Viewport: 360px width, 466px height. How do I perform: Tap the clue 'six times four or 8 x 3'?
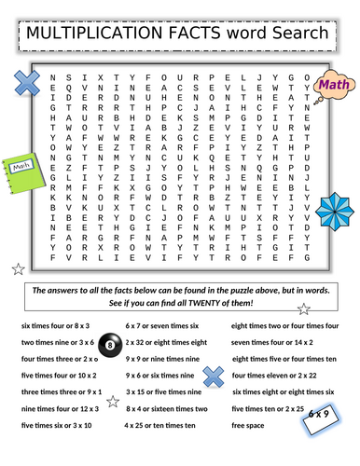click(x=55, y=325)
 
